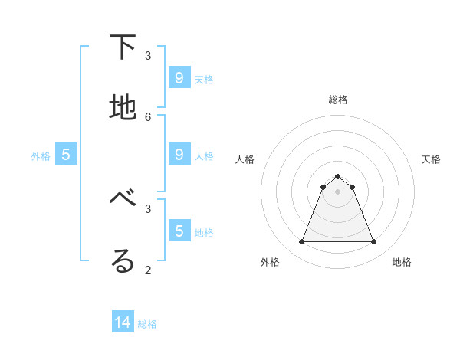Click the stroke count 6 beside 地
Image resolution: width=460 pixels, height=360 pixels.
[x=148, y=116]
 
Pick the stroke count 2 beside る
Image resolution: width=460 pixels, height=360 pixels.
[x=148, y=270]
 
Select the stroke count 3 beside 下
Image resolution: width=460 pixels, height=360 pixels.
[x=148, y=55]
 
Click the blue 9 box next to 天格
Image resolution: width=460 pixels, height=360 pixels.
[x=179, y=77]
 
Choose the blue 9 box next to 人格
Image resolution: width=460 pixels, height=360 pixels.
[x=179, y=154]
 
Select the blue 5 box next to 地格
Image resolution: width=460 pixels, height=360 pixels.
[x=179, y=231]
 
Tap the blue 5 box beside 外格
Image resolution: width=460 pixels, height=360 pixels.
[x=66, y=154]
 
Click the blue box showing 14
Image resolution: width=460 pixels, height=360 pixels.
[x=123, y=322]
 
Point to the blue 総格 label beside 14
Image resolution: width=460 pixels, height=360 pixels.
[x=147, y=324]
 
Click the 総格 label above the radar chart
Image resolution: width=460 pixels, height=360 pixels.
[x=338, y=100]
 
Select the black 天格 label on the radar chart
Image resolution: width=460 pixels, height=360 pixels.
[x=431, y=159]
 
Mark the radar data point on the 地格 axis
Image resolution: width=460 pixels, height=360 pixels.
[x=374, y=242]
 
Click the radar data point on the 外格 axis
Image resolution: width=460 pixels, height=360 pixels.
[x=301, y=242]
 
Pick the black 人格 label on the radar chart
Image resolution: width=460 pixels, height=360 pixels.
[x=245, y=159]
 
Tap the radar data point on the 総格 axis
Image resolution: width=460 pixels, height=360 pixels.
[x=337, y=177]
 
